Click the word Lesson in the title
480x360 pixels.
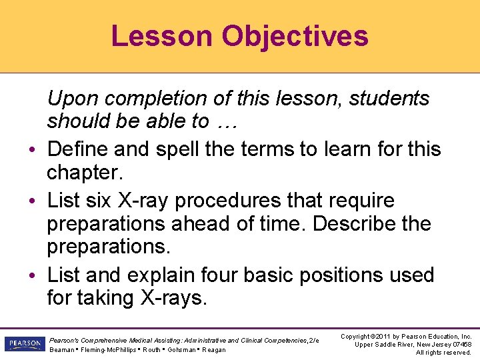162,36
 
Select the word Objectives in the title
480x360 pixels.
295,36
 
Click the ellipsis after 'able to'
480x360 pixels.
227,121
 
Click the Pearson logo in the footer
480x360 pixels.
22,344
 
